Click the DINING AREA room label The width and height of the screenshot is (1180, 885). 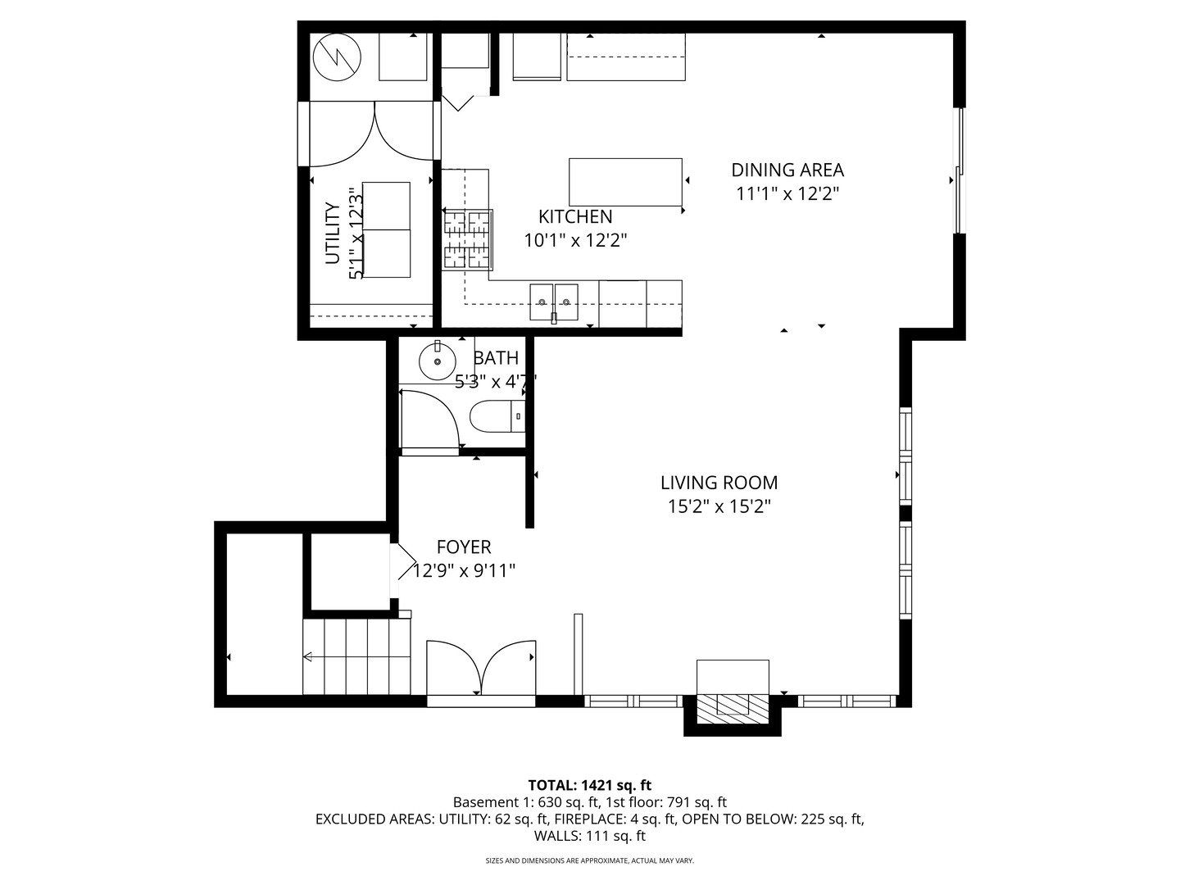[x=787, y=170]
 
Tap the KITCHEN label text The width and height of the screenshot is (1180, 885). [x=575, y=216]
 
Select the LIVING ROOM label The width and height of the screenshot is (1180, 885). [x=719, y=483]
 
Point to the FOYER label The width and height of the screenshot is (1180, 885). [x=464, y=547]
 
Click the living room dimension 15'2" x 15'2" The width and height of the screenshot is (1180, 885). [x=719, y=506]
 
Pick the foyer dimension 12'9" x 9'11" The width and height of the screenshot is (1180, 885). [x=464, y=570]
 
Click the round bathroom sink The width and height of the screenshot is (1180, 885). [x=438, y=361]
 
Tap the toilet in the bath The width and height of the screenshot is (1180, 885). [x=497, y=416]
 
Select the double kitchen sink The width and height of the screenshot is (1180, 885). [x=554, y=302]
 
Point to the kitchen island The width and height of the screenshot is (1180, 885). [x=625, y=182]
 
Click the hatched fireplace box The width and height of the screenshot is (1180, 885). [x=733, y=710]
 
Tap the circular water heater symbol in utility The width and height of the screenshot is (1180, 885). [x=337, y=57]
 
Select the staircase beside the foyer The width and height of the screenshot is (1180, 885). [x=356, y=656]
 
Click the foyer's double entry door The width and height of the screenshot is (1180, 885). [x=481, y=668]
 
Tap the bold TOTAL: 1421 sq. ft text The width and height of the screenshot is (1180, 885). [x=590, y=785]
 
